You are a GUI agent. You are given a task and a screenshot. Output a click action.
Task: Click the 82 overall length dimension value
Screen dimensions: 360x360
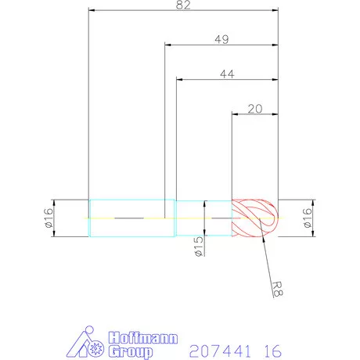(184, 5)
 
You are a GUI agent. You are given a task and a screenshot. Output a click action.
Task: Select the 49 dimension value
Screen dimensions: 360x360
(221, 38)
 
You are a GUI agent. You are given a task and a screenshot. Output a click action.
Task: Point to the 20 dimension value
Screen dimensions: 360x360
(254, 109)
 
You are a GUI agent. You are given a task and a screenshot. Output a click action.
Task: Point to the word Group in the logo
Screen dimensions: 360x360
(125, 351)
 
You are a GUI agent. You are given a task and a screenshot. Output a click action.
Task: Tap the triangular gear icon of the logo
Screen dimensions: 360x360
(85, 345)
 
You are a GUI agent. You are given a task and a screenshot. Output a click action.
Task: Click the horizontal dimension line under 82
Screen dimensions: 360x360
(184, 12)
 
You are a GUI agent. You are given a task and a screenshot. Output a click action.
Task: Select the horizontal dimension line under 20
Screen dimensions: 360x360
(254, 116)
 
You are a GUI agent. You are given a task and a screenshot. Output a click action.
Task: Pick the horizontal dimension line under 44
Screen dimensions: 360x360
(228, 80)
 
